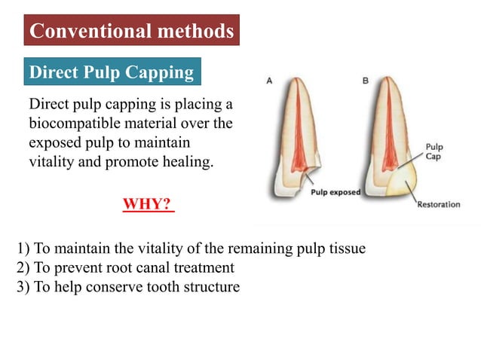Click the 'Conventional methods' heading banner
click(x=131, y=32)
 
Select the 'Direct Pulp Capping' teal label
click(x=111, y=72)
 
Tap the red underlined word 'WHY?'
click(x=148, y=205)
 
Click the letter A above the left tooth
click(x=270, y=80)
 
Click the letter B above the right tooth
click(x=366, y=80)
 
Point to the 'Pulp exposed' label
click(x=335, y=192)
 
